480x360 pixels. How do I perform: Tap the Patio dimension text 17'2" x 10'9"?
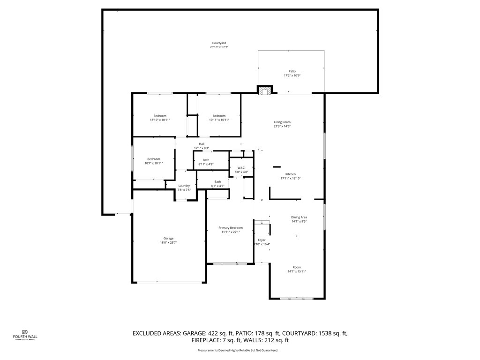(292, 75)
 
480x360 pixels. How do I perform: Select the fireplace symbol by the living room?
(265, 90)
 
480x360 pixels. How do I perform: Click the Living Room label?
(282, 122)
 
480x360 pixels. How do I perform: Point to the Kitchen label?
(291, 174)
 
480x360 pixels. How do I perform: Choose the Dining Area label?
(299, 217)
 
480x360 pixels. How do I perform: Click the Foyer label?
(262, 240)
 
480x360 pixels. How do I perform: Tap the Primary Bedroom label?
(230, 228)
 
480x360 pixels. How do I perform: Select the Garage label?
(168, 238)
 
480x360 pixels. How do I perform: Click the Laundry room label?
(184, 186)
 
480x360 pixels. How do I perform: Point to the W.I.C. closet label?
(241, 168)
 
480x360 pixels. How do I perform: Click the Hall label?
(202, 144)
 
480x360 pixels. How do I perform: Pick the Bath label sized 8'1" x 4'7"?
(217, 182)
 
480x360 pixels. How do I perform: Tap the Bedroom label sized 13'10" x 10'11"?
(160, 116)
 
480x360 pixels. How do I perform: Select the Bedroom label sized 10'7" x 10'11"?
(153, 159)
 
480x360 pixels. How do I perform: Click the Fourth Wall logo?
(25, 334)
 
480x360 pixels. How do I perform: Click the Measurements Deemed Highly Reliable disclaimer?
(238, 350)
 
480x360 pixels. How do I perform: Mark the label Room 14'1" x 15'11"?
(297, 267)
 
